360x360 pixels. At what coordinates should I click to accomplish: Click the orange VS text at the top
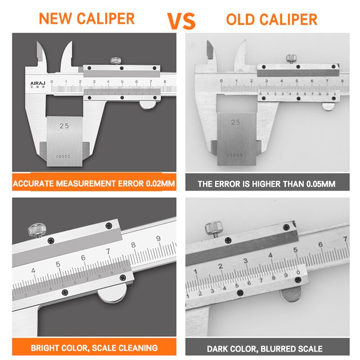pos(181,20)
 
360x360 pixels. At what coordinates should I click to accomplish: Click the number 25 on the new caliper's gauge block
pos(64,126)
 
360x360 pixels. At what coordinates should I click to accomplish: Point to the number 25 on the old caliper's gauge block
pos(235,122)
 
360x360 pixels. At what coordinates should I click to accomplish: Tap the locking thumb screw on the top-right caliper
pos(291,58)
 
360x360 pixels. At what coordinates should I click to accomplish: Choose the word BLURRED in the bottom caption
pos(279,349)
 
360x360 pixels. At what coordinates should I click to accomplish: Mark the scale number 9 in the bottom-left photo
pos(158,238)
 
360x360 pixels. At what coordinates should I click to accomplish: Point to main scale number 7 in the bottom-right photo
pos(345,238)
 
